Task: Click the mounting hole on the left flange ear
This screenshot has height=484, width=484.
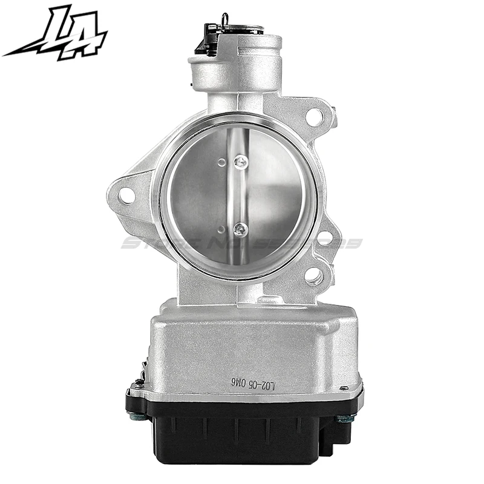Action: click(126, 195)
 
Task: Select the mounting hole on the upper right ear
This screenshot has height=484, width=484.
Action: click(314, 117)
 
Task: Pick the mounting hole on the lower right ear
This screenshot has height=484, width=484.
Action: click(313, 276)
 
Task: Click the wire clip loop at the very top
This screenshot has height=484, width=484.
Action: click(225, 20)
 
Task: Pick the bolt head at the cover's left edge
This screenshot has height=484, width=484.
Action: click(135, 416)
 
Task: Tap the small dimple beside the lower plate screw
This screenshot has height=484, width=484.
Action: click(223, 229)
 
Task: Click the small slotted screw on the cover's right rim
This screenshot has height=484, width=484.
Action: click(344, 388)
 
